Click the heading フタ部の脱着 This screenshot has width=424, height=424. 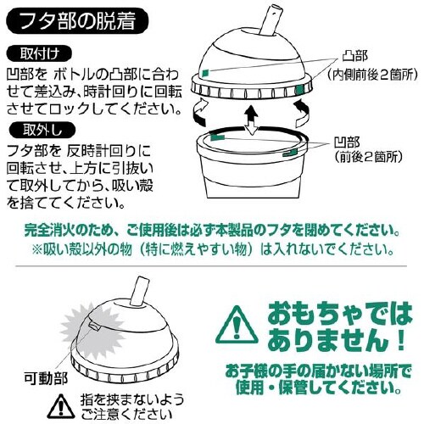pos(78,21)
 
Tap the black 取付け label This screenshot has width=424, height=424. pos(39,54)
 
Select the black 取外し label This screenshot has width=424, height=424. pos(42,131)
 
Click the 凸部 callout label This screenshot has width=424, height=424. pos(355,56)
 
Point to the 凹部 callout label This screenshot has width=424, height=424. pos(347,142)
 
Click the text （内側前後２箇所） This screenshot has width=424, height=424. pos(372,75)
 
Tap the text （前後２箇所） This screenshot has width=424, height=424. pos(368,157)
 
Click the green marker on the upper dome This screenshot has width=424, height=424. pos(205,73)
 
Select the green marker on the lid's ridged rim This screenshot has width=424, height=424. pos(298,90)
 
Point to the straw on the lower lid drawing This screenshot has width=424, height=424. pos(139,292)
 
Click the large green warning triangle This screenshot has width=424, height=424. pos(237,326)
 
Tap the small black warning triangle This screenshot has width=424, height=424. pos(61,407)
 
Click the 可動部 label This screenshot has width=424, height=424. pos(46,378)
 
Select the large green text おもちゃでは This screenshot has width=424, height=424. pos(340,314)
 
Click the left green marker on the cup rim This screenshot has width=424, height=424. pos(218,137)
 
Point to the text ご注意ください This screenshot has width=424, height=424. pos(126,414)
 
